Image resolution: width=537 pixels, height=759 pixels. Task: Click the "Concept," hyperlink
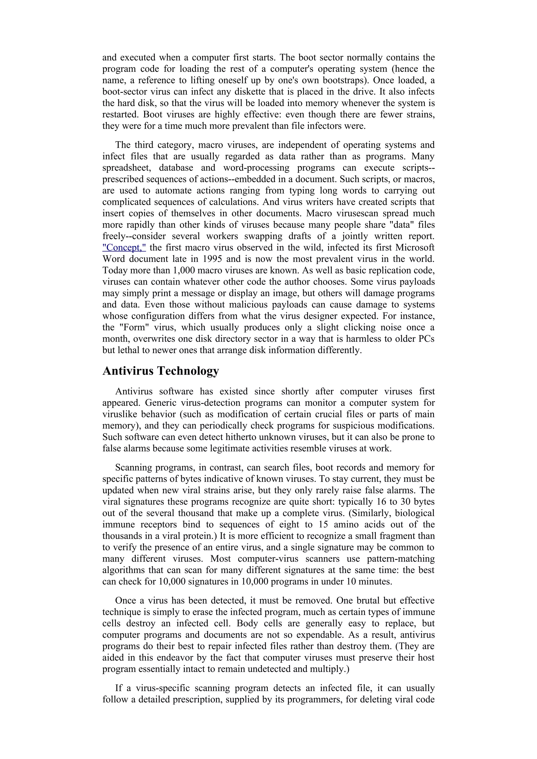pos(124,247)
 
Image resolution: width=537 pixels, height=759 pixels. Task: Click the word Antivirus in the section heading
pos(128,371)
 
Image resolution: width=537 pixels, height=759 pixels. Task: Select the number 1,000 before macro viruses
pos(184,270)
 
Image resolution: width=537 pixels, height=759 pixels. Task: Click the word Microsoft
pos(415,247)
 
